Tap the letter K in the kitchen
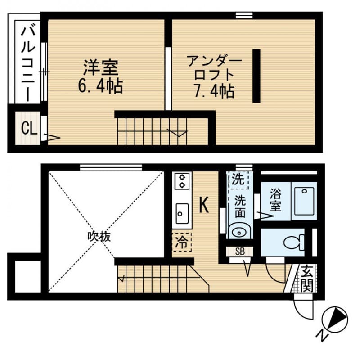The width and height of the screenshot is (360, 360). (204, 206)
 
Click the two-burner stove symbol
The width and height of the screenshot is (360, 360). (182, 181)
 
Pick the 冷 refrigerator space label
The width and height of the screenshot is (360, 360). (182, 243)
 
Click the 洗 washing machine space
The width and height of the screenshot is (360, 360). (237, 180)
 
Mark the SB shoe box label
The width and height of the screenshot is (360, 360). (240, 251)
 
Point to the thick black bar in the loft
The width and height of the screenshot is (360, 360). (256, 76)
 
